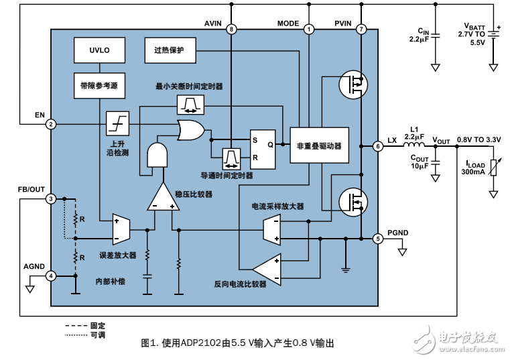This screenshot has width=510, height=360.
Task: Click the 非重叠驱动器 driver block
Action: pyautogui.click(x=319, y=145)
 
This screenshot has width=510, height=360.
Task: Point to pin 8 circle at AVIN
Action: pyautogui.click(x=231, y=29)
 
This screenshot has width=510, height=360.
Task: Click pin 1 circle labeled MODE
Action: pyautogui.click(x=308, y=29)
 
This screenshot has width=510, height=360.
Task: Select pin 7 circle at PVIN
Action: pyautogui.click(x=361, y=29)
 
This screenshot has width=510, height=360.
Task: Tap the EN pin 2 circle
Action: pyautogui.click(x=51, y=124)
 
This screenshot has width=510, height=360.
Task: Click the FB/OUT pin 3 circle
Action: pyautogui.click(x=51, y=199)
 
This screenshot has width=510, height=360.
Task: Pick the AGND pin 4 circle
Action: pyautogui.click(x=51, y=276)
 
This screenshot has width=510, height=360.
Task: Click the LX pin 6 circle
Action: pyautogui.click(x=378, y=145)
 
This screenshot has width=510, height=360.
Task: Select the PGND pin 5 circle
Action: pyautogui.click(x=378, y=238)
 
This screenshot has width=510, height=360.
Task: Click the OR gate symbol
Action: pyautogui.click(x=190, y=131)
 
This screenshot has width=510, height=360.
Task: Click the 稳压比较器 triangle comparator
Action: pyautogui.click(x=162, y=197)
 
